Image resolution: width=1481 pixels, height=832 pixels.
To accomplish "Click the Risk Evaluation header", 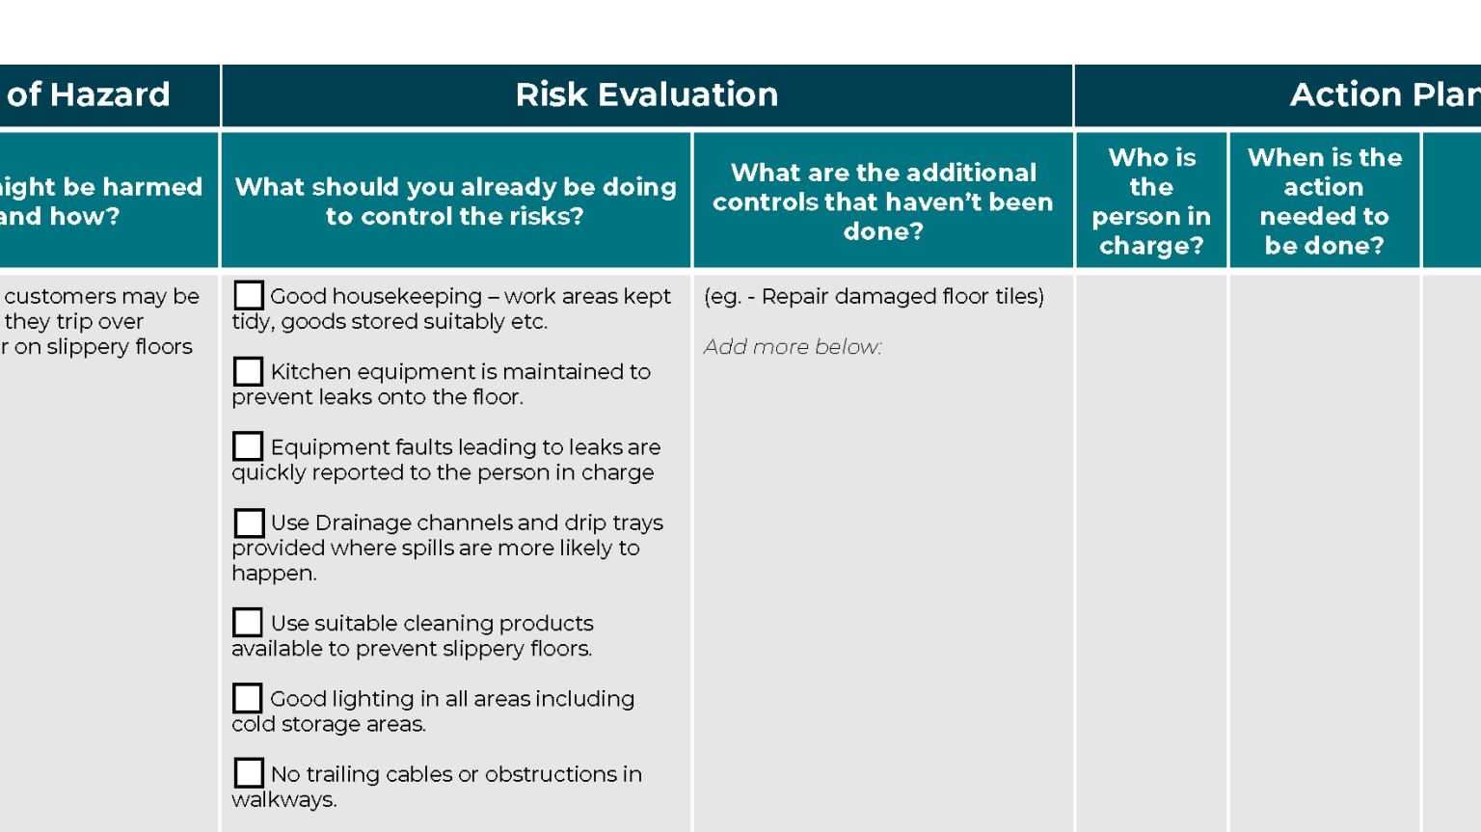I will [x=646, y=94].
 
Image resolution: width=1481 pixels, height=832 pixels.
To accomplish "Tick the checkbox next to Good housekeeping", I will [x=249, y=295].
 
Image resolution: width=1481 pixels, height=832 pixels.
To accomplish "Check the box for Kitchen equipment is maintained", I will [x=248, y=371].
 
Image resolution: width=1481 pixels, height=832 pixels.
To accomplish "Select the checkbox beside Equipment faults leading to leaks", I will [x=248, y=446].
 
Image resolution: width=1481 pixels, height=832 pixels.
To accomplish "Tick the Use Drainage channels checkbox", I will [x=249, y=523].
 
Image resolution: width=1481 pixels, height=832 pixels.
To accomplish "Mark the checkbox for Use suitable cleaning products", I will [x=248, y=623].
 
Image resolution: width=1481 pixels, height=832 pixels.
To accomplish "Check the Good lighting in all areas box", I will [x=248, y=698].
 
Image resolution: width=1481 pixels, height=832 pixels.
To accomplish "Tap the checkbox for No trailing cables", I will [x=249, y=773].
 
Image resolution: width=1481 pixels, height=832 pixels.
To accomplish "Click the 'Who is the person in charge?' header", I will [x=1151, y=201].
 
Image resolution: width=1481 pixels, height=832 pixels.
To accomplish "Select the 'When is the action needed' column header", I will [x=1324, y=201].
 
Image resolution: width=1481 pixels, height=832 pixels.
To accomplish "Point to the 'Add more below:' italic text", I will [x=793, y=347].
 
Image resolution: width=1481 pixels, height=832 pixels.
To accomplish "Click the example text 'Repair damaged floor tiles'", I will [x=902, y=297].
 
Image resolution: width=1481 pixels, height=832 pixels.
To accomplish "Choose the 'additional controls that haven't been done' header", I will [x=883, y=201].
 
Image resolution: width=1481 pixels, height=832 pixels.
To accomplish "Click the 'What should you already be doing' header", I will [x=455, y=201].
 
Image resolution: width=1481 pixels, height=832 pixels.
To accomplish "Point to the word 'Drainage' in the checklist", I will [x=364, y=523].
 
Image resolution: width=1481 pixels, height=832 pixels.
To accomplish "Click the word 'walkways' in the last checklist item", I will [x=283, y=800].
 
